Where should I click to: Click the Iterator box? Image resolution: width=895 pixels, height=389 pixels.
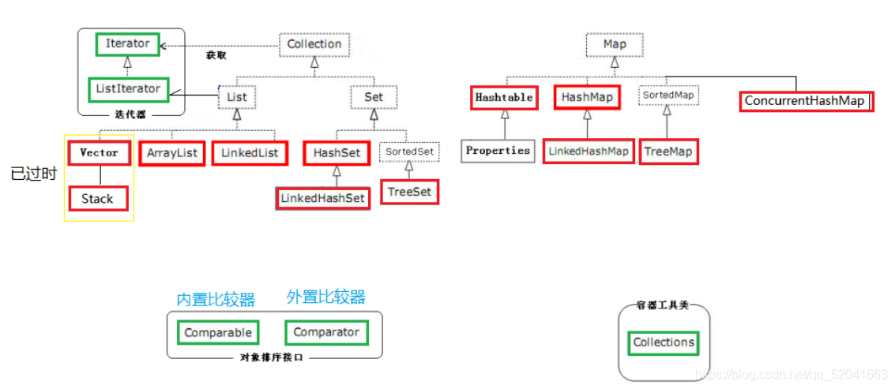coord(127,44)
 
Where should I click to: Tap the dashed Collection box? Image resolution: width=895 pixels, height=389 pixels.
coord(314,44)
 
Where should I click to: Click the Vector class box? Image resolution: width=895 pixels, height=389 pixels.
coord(99,153)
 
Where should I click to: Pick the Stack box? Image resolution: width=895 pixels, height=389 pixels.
coord(97,199)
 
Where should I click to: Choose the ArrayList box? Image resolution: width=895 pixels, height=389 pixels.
coord(171,153)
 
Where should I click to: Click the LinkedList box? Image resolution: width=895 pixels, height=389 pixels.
coord(250,153)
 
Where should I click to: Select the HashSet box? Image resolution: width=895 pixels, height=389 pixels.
coord(337,153)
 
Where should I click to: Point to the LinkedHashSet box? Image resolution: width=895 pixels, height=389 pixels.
coord(323,198)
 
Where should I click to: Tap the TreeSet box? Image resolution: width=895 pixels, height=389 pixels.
coord(409,192)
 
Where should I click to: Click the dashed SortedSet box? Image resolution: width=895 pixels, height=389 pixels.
coord(409,151)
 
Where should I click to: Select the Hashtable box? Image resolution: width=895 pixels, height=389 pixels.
coord(504,98)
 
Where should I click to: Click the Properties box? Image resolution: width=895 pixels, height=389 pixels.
coord(497,151)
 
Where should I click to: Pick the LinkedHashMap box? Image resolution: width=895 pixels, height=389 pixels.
coord(589,151)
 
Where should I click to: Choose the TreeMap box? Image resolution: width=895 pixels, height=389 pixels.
coord(668,151)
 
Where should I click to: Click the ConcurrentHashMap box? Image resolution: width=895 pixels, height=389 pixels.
coord(806,101)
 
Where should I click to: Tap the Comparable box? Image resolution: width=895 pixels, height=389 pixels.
coord(217,333)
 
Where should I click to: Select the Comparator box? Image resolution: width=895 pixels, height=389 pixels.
coord(326,332)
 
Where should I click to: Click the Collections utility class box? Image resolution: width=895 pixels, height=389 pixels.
coord(664,342)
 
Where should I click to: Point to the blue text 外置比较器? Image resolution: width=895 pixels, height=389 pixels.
coord(325,297)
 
